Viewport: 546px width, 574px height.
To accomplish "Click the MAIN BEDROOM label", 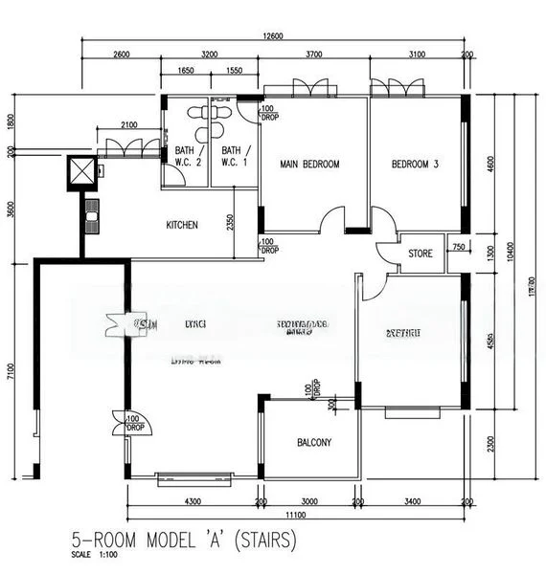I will click(309, 165).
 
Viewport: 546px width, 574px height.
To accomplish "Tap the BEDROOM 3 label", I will click(415, 165).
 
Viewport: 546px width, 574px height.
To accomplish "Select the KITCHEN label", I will click(182, 225).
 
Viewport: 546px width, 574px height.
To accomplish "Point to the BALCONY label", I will click(314, 442).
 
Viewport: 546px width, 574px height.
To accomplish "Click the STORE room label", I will click(421, 254).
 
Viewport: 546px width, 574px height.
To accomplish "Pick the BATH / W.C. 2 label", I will click(187, 156).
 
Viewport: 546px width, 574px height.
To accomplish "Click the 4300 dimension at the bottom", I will click(192, 500).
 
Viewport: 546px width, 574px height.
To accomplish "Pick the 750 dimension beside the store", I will click(458, 248).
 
